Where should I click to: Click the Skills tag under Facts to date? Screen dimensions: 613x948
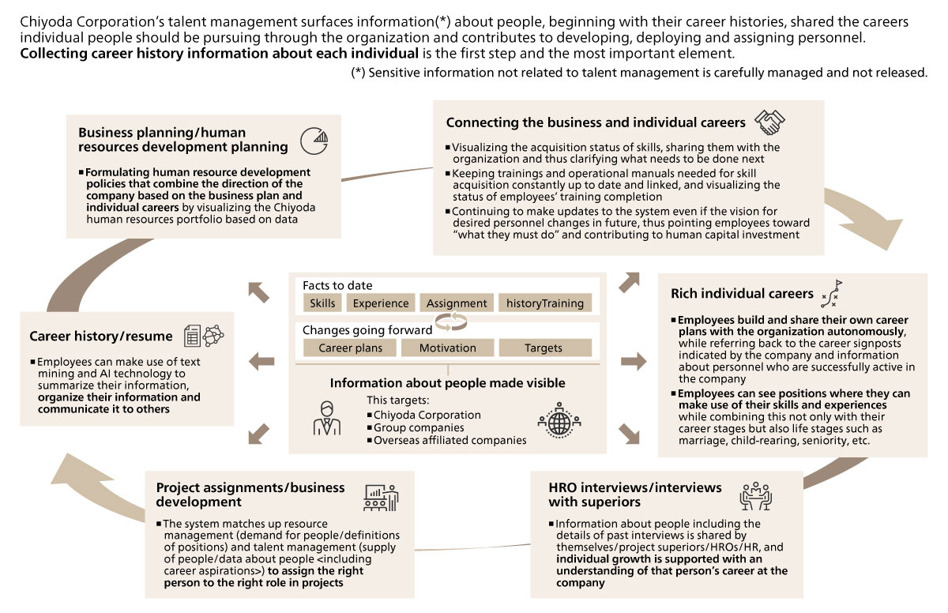(322, 303)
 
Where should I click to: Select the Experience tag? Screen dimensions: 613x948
(381, 303)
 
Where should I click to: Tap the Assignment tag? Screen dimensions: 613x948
(457, 303)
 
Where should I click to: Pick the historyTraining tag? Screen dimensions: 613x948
(545, 303)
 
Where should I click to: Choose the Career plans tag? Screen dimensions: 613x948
(350, 348)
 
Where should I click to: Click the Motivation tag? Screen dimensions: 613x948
(447, 348)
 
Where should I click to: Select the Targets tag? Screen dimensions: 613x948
(544, 348)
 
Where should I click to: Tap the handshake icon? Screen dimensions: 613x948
(769, 122)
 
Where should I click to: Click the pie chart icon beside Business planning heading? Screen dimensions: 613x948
(314, 141)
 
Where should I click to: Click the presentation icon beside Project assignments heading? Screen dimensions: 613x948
(381, 496)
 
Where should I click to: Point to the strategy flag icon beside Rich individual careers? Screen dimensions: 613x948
(832, 293)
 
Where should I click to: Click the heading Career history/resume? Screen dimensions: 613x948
(100, 336)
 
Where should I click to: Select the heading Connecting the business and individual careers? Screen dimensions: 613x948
(596, 122)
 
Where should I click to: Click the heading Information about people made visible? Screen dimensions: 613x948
(447, 383)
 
